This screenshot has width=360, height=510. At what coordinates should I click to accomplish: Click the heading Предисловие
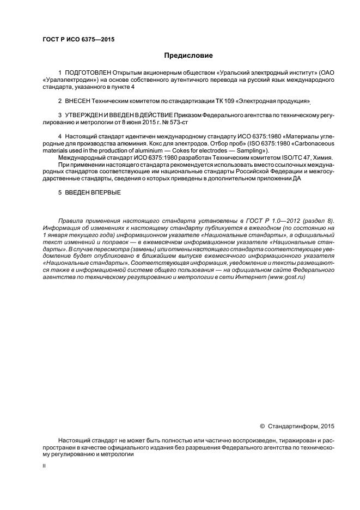coord(188,55)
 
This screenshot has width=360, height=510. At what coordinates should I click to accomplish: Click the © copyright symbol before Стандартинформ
coord(263,426)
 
